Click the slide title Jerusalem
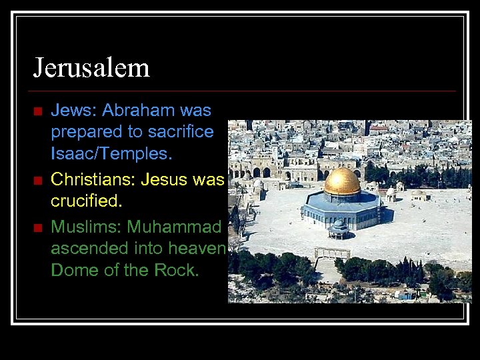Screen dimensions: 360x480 91,68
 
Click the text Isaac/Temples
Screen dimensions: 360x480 111,153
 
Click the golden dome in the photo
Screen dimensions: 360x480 342,181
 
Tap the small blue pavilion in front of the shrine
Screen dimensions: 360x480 339,229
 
